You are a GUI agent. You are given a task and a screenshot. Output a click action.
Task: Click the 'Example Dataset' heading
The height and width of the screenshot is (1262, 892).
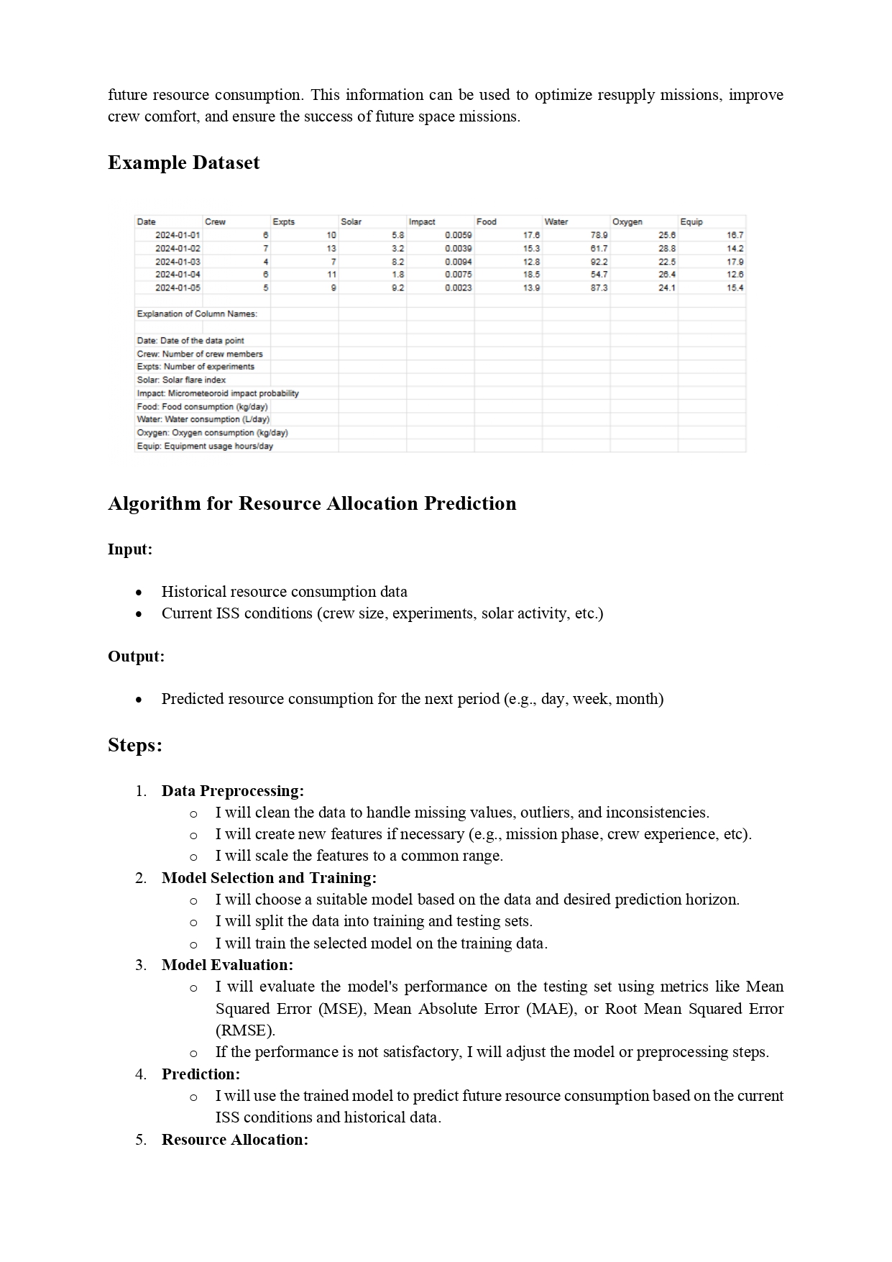(x=183, y=163)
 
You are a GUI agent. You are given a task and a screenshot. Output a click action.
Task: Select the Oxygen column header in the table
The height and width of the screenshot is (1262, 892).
(x=627, y=222)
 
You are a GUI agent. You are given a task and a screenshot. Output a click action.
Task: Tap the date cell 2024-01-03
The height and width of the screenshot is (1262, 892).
(x=178, y=262)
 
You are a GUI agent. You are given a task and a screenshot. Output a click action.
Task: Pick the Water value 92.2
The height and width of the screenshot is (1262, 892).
(x=599, y=262)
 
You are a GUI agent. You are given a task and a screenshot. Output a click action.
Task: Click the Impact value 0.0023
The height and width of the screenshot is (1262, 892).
(x=458, y=288)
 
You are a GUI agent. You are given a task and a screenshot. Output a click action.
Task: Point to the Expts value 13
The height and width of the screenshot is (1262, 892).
(x=331, y=248)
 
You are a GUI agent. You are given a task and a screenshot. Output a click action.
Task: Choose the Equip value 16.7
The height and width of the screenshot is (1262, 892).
(x=735, y=235)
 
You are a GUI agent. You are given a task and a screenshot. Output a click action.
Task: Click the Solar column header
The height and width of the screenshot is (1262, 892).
(x=351, y=222)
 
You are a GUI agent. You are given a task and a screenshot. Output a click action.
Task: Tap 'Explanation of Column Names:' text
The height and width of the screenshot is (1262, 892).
(x=197, y=314)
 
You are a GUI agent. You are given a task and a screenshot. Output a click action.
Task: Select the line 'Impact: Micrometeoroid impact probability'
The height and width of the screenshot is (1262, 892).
(x=218, y=393)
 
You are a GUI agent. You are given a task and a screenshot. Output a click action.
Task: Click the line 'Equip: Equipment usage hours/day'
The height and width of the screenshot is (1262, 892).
(x=205, y=447)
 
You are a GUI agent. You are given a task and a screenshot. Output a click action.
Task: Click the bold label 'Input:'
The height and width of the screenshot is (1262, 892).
(x=130, y=549)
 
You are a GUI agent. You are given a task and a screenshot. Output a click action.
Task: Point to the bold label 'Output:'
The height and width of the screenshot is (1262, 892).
(x=136, y=657)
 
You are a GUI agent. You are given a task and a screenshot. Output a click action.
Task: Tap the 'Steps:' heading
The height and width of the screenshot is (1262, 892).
(x=135, y=745)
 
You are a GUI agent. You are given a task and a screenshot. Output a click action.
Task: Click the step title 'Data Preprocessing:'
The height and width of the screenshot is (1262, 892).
(x=232, y=791)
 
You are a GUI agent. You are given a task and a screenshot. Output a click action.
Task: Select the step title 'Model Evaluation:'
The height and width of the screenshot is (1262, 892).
(x=227, y=965)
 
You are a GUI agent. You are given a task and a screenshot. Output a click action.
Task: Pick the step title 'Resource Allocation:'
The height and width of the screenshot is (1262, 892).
(x=234, y=1140)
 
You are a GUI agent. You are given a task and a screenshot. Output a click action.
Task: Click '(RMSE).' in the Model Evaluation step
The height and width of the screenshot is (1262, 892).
(x=245, y=1030)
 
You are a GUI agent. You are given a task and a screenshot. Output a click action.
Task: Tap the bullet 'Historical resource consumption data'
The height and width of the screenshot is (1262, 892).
(x=284, y=592)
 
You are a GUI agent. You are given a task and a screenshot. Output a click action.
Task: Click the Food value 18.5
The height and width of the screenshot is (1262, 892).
(x=531, y=275)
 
